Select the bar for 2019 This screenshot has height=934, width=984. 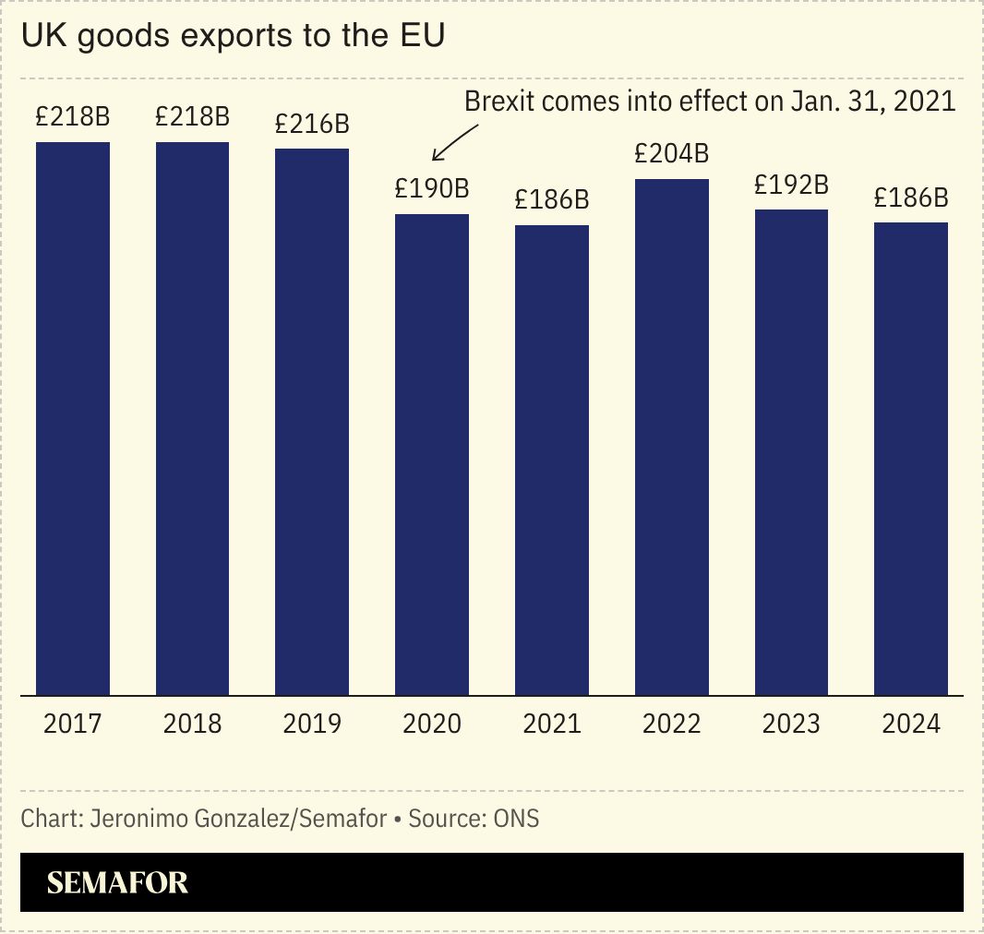312,422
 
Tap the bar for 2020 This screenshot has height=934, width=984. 432,454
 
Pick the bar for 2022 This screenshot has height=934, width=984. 671,437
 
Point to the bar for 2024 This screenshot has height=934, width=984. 911,459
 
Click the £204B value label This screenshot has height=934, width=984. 671,153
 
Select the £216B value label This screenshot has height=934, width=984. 312,124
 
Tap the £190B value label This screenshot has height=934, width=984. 432,189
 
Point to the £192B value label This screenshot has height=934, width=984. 791,185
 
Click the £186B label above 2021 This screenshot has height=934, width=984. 552,199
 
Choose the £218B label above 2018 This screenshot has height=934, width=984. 192,117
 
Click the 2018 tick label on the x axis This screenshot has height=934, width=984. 192,724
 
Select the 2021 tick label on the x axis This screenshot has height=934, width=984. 552,724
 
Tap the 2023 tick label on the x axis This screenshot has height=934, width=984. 791,724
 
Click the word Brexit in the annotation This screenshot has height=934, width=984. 500,101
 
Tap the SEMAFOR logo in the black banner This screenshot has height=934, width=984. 117,882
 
